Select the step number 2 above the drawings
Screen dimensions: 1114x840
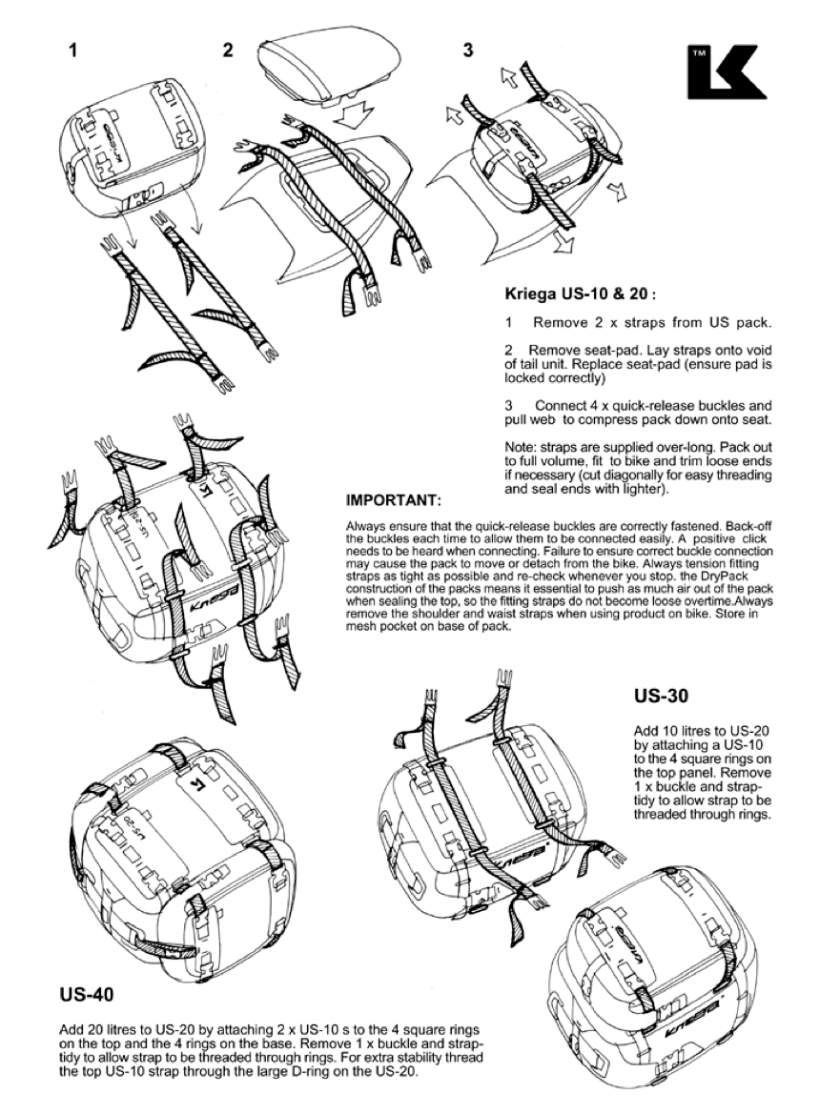point(228,51)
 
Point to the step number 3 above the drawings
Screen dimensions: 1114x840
point(467,50)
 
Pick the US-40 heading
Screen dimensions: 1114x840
point(87,996)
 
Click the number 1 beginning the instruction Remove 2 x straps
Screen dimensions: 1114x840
point(508,322)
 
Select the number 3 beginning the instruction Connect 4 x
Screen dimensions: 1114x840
point(508,405)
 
